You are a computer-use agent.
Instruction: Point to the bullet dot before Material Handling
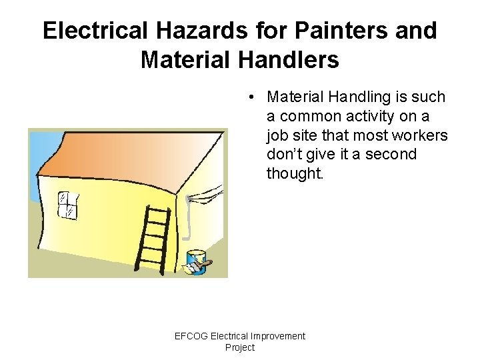(247, 97)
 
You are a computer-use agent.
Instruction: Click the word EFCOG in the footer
(191, 336)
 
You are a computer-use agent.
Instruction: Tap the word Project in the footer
(240, 347)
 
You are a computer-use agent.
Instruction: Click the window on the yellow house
(68, 205)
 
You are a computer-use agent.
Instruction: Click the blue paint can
(196, 260)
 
